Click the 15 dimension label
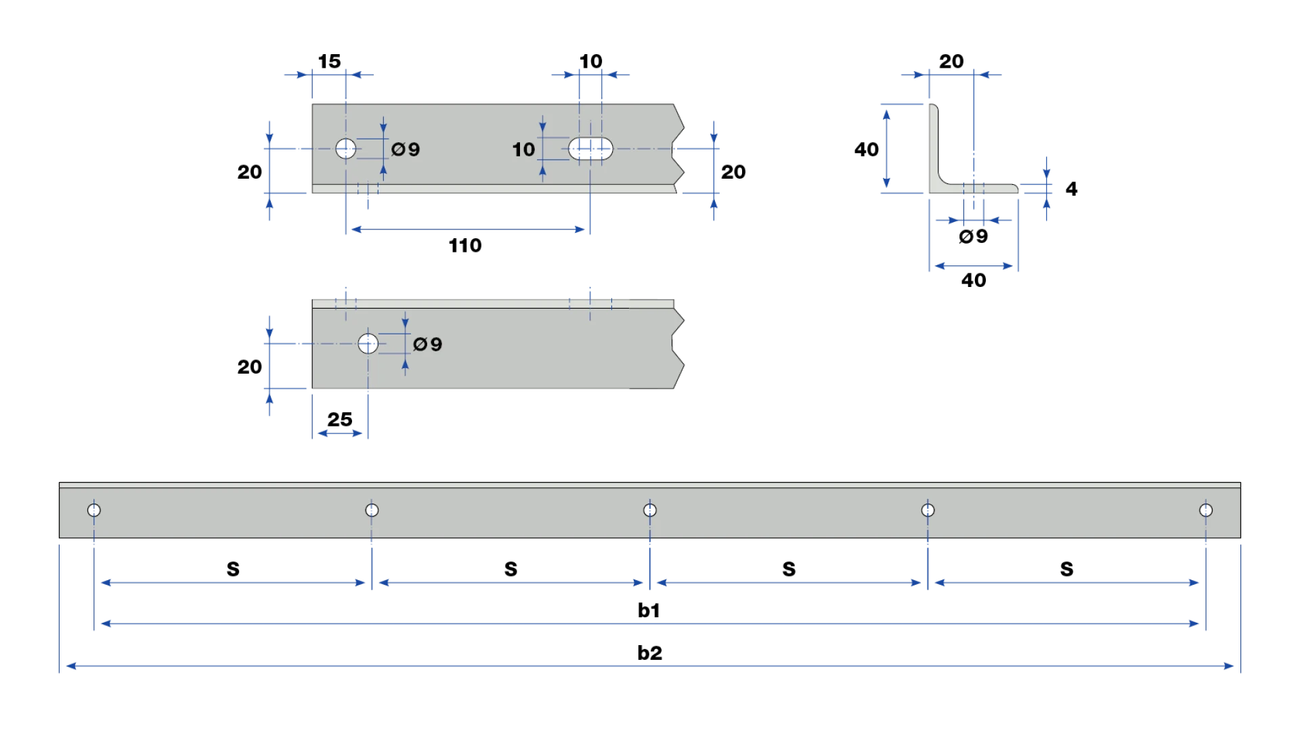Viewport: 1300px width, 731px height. (x=330, y=61)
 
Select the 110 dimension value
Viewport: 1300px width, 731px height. (x=465, y=245)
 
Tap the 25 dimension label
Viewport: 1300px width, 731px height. (x=340, y=420)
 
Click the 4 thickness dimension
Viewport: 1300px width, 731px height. (x=1071, y=188)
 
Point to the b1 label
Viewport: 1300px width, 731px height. (x=649, y=610)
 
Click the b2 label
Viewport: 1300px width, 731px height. (x=650, y=652)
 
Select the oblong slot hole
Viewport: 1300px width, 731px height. (x=590, y=149)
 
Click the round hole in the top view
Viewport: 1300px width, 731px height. (x=346, y=148)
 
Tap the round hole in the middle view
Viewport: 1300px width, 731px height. (x=368, y=344)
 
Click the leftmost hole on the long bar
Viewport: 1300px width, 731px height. (x=94, y=510)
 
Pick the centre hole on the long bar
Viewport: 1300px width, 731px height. (x=650, y=510)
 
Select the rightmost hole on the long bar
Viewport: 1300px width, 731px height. (x=1206, y=510)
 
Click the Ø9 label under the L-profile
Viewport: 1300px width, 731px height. (x=974, y=236)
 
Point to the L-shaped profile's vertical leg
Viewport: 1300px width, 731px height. (x=934, y=146)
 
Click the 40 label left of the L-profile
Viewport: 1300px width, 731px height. (x=867, y=149)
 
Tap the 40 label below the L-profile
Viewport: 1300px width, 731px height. (x=974, y=280)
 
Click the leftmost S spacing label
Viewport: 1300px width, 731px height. (x=233, y=569)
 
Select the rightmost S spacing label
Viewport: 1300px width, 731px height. (x=1067, y=569)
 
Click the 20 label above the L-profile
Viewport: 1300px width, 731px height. (x=951, y=61)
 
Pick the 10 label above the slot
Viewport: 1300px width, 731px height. (x=590, y=61)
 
